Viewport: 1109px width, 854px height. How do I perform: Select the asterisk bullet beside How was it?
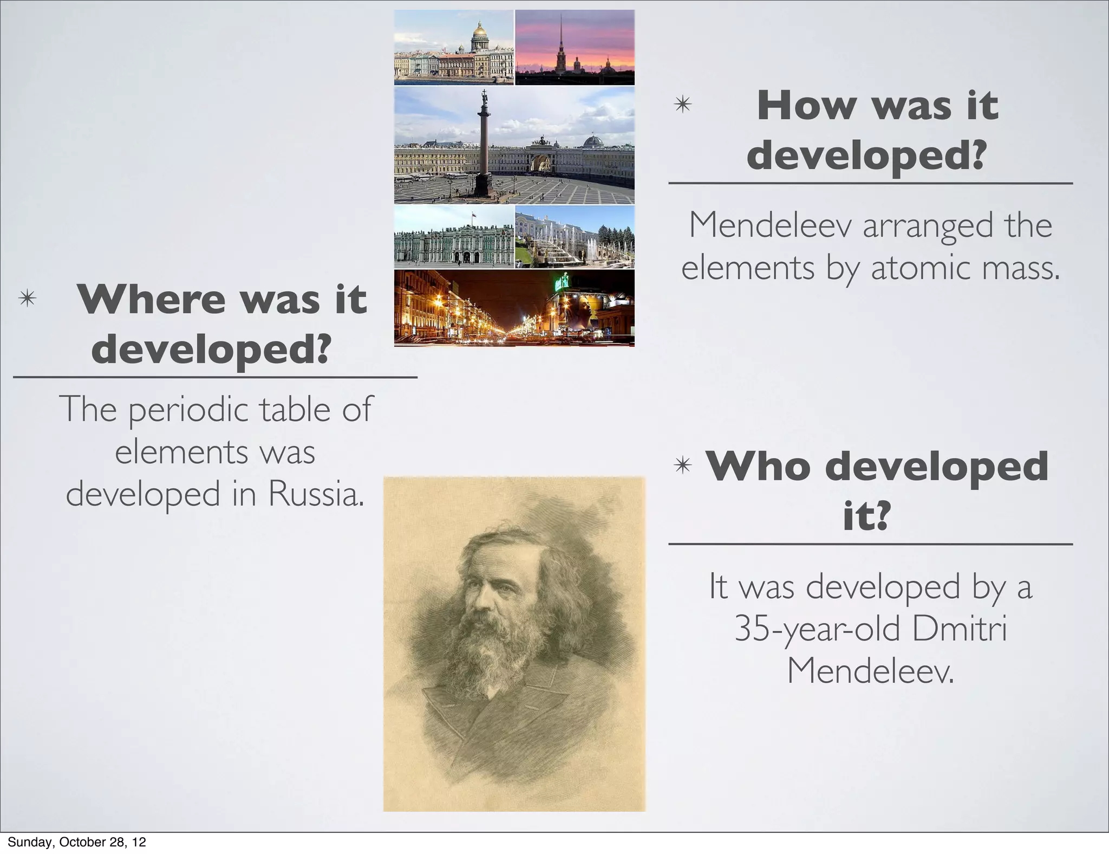pyautogui.click(x=683, y=104)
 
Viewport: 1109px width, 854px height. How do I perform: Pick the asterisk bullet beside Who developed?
pyautogui.click(x=683, y=465)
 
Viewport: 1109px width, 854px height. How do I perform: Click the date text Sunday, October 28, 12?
pyautogui.click(x=77, y=842)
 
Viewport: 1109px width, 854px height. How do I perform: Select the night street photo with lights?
pyautogui.click(x=514, y=308)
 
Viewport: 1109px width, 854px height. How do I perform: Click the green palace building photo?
pyautogui.click(x=454, y=237)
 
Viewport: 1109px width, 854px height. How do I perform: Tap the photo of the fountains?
pyautogui.click(x=575, y=237)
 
